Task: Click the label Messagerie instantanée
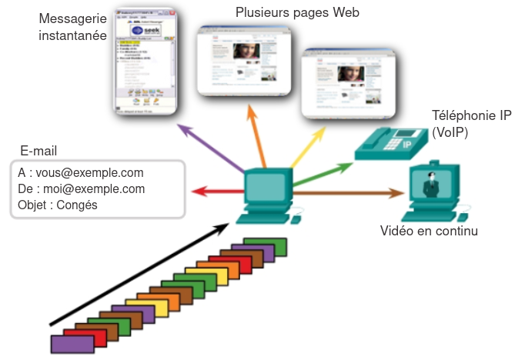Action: click(x=72, y=25)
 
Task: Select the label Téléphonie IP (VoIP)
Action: click(x=472, y=123)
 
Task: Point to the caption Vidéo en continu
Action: click(x=429, y=230)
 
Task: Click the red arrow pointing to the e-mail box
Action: click(x=216, y=190)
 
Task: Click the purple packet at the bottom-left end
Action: click(x=67, y=345)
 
